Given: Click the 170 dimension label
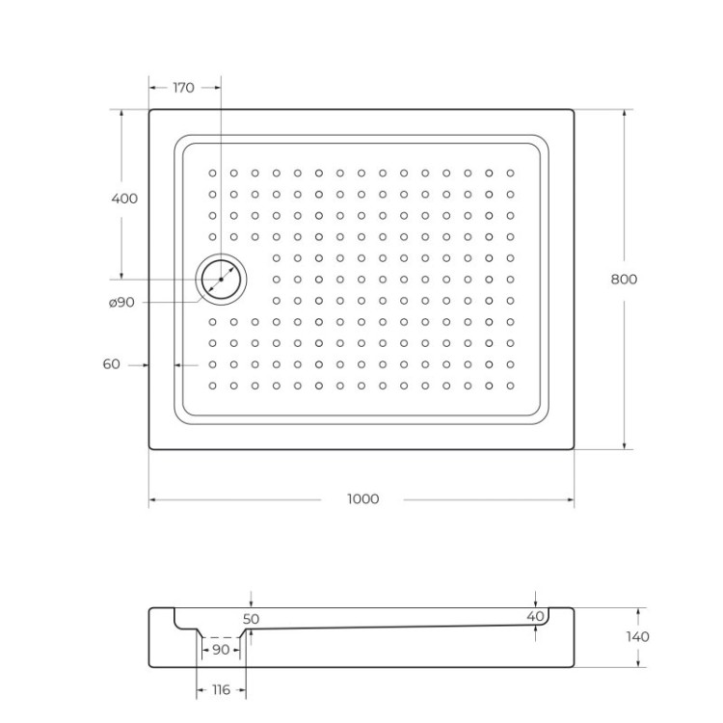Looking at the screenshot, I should [183, 88].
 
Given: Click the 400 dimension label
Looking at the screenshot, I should [124, 199].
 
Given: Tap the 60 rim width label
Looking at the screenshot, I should [111, 364].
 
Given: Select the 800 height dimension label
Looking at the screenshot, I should [624, 280].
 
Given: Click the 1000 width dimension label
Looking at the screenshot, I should [362, 499].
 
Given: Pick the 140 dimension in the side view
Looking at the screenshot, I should [637, 636].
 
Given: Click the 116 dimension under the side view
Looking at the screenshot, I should [221, 691].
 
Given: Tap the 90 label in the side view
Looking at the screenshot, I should [221, 650].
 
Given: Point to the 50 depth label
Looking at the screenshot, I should [251, 619].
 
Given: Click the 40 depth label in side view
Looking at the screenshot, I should [536, 616].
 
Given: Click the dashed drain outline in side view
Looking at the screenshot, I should [222, 637].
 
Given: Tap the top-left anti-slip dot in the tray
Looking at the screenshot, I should [213, 174].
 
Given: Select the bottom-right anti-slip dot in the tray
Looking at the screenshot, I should [511, 386].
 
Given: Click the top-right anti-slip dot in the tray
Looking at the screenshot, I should [511, 174].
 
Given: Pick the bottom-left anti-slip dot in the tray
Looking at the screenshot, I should [213, 386].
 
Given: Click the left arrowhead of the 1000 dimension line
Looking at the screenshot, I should [152, 499].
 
